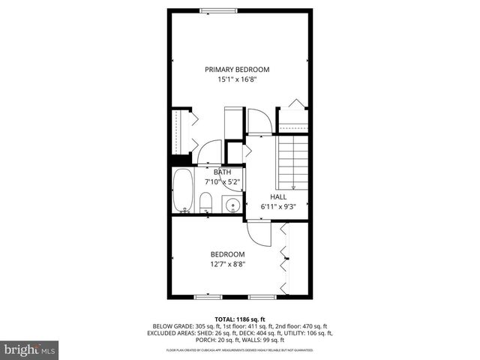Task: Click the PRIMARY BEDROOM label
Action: tap(237, 70)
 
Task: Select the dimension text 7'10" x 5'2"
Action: tap(223, 181)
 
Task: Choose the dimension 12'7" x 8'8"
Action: tap(227, 263)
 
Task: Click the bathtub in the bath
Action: tap(184, 191)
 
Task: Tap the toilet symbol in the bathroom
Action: tap(205, 202)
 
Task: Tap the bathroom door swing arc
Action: tap(210, 151)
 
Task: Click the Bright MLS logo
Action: tap(31, 349)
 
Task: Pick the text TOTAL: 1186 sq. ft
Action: tap(239, 319)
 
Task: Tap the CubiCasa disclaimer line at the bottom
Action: tap(239, 349)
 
